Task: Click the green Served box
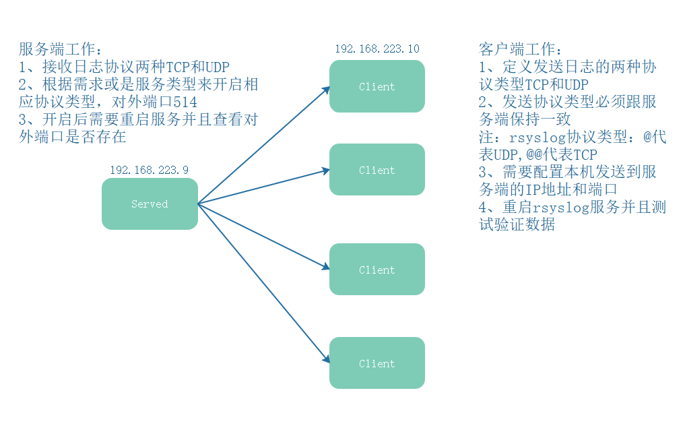[x=150, y=204]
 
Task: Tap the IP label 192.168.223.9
[x=149, y=170]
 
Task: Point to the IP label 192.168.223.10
[x=377, y=49]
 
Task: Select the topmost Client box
[x=377, y=86]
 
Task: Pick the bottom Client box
[x=377, y=363]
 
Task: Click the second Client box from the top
[x=377, y=170]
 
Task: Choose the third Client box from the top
[x=377, y=270]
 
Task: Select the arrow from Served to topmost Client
[x=263, y=145]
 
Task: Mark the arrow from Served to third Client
[x=263, y=236]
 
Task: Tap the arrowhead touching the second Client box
[x=325, y=171]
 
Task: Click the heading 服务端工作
[x=58, y=50]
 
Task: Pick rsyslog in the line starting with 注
[x=532, y=137]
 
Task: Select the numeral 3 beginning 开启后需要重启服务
[x=24, y=120]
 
